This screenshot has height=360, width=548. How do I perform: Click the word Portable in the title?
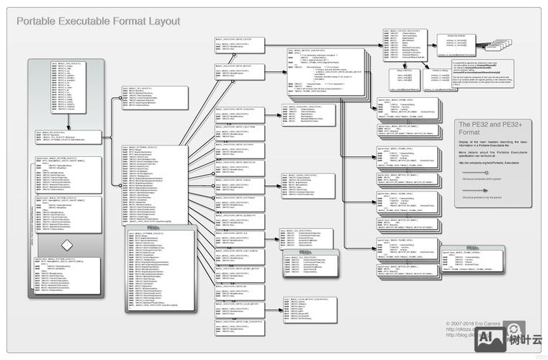(37, 22)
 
